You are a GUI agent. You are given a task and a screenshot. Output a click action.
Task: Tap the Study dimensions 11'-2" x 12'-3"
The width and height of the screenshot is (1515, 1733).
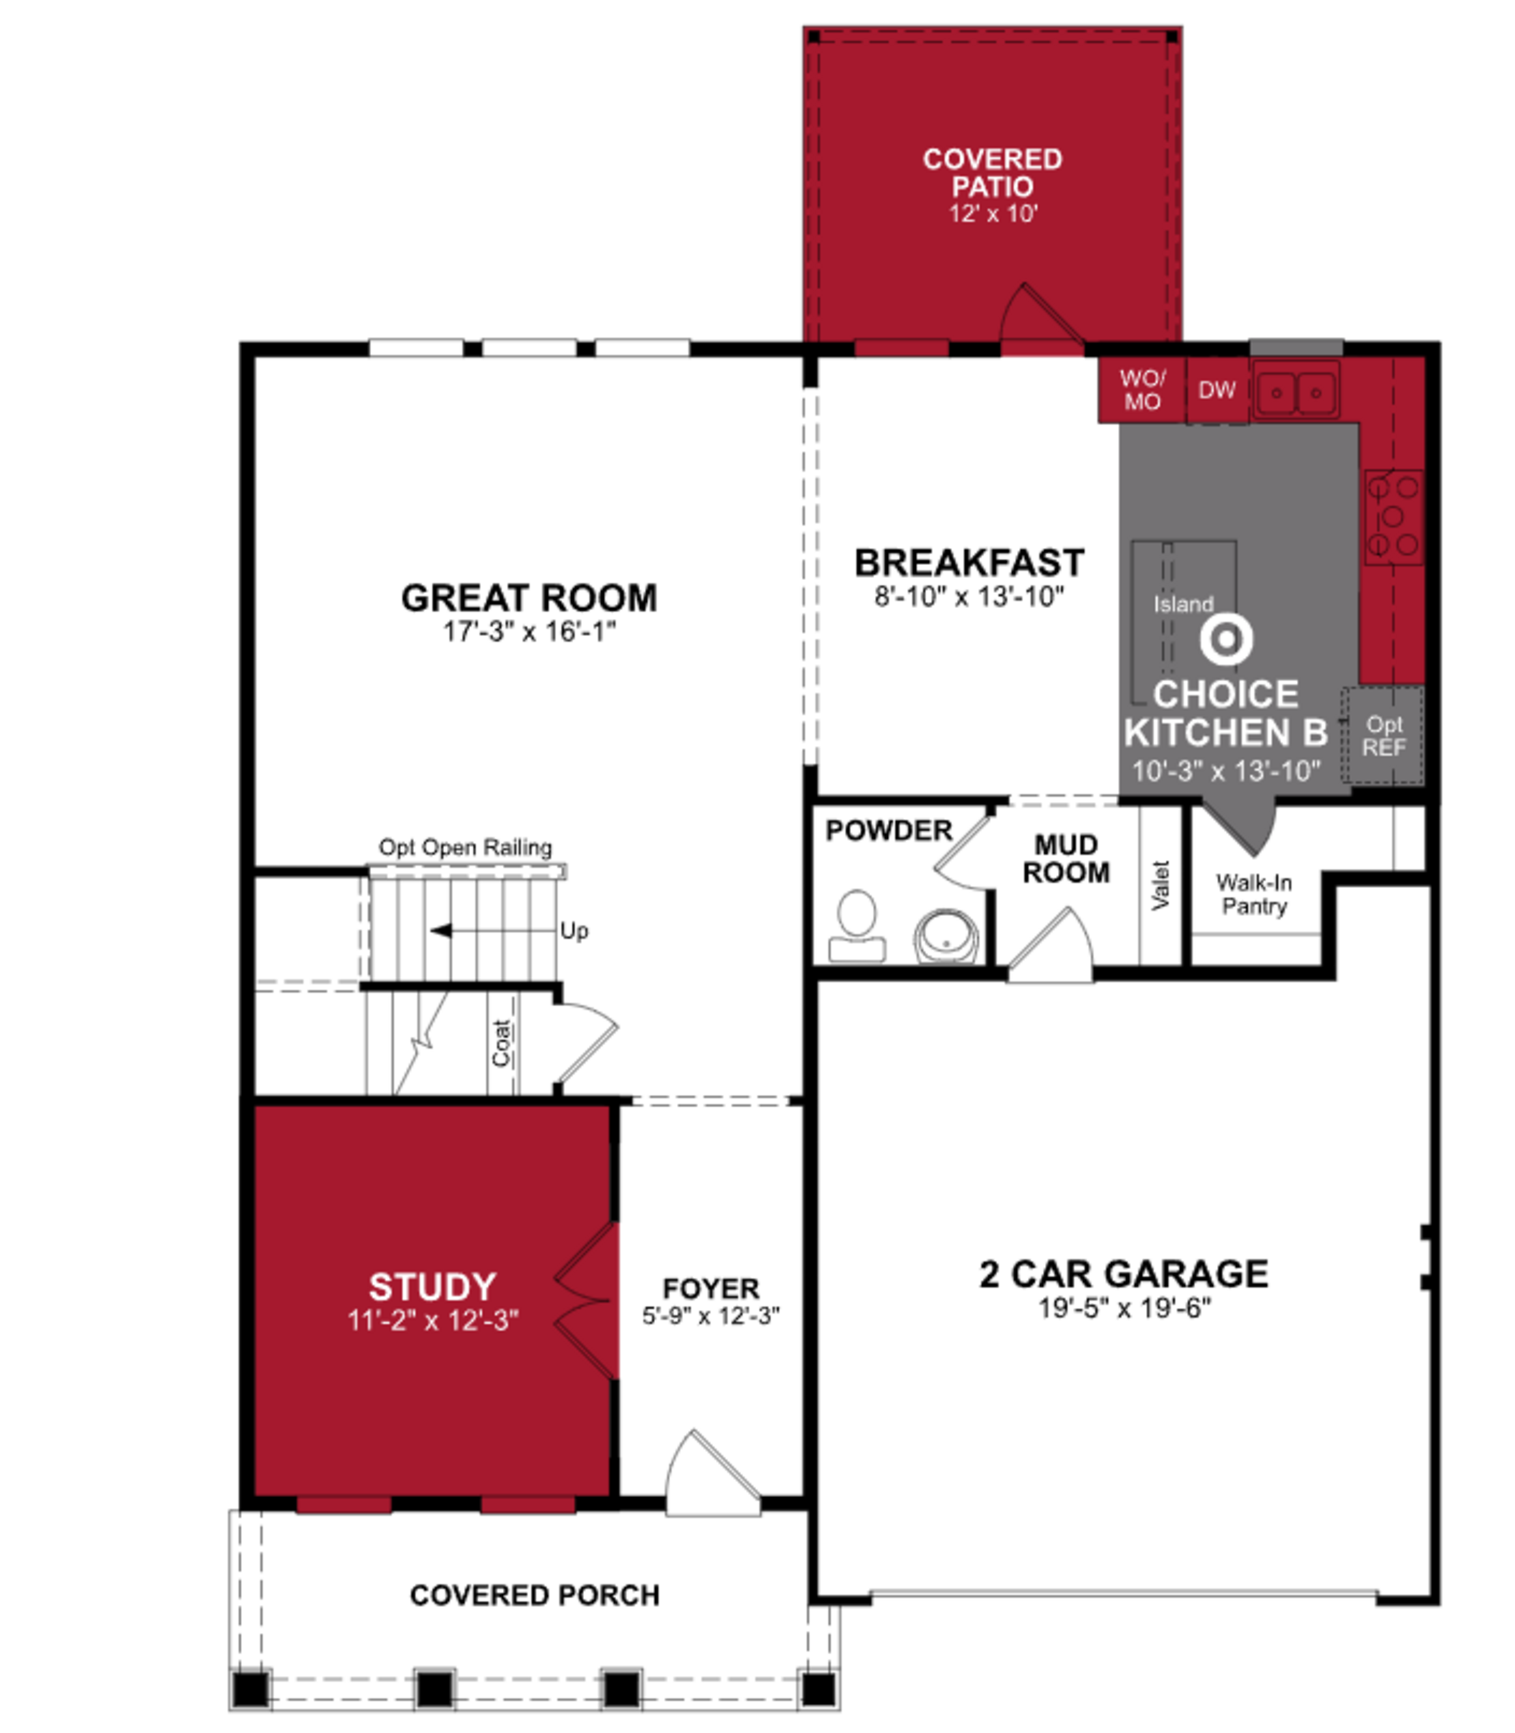433,1320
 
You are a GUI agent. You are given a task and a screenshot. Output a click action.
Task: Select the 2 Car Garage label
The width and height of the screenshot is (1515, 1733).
1124,1274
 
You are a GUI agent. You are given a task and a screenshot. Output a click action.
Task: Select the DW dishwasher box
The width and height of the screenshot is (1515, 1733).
1217,390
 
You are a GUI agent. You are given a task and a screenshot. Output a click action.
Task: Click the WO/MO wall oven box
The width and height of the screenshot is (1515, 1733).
1142,390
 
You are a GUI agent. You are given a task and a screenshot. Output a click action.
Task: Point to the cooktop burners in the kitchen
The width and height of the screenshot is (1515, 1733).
1393,516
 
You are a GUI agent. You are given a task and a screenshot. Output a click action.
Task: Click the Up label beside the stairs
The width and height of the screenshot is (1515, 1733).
574,931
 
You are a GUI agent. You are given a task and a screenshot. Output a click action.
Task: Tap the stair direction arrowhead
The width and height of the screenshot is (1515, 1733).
440,931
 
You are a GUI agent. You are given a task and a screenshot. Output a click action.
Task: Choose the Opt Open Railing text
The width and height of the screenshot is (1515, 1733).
465,848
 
